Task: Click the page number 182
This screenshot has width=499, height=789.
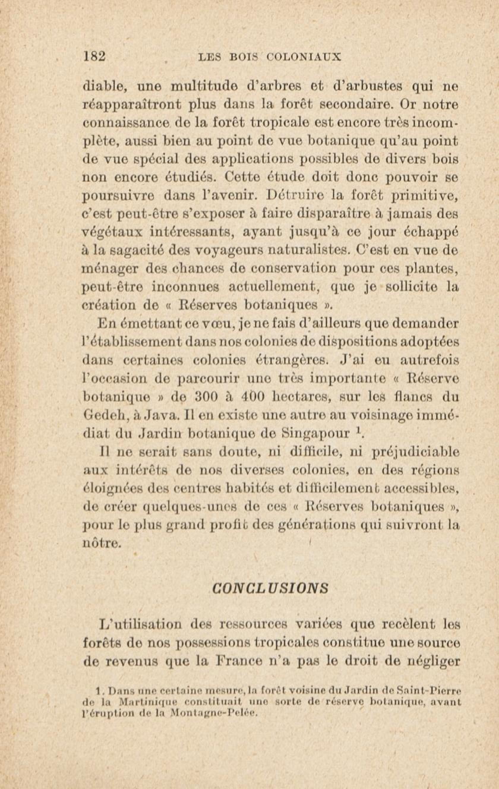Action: [94, 56]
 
